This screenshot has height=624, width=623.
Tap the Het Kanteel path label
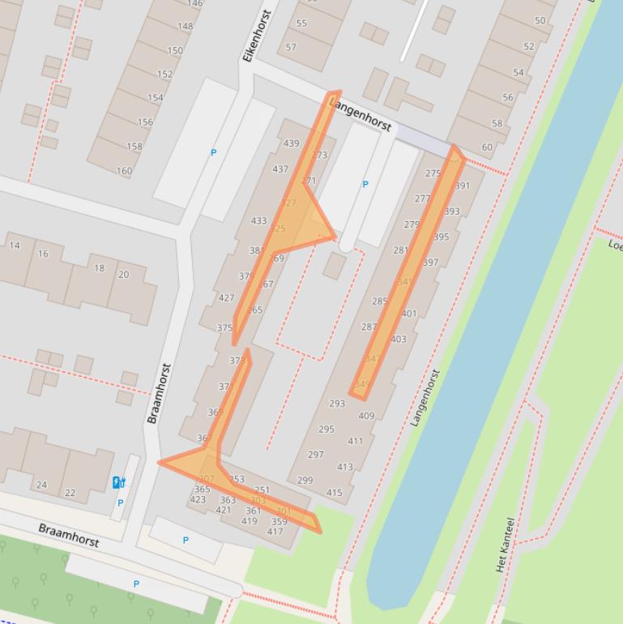[504, 545]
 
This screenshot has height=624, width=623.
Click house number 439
[291, 143]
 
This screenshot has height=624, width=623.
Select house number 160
[124, 171]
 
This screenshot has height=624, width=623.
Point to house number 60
[487, 147]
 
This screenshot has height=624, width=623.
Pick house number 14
[15, 246]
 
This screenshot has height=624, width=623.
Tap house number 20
[123, 275]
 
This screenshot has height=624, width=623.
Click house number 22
[70, 493]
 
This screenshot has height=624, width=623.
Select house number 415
[334, 492]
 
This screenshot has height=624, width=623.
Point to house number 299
[305, 480]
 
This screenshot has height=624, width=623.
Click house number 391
[462, 186]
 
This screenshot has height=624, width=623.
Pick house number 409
[366, 416]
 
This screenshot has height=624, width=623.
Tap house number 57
[291, 47]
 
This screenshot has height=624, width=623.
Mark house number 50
[540, 20]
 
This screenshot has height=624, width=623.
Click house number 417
[275, 532]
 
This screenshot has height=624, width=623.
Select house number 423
[198, 500]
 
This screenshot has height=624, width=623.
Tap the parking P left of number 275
[365, 185]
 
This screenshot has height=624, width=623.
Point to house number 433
[258, 220]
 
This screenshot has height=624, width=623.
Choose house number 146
[194, 3]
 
